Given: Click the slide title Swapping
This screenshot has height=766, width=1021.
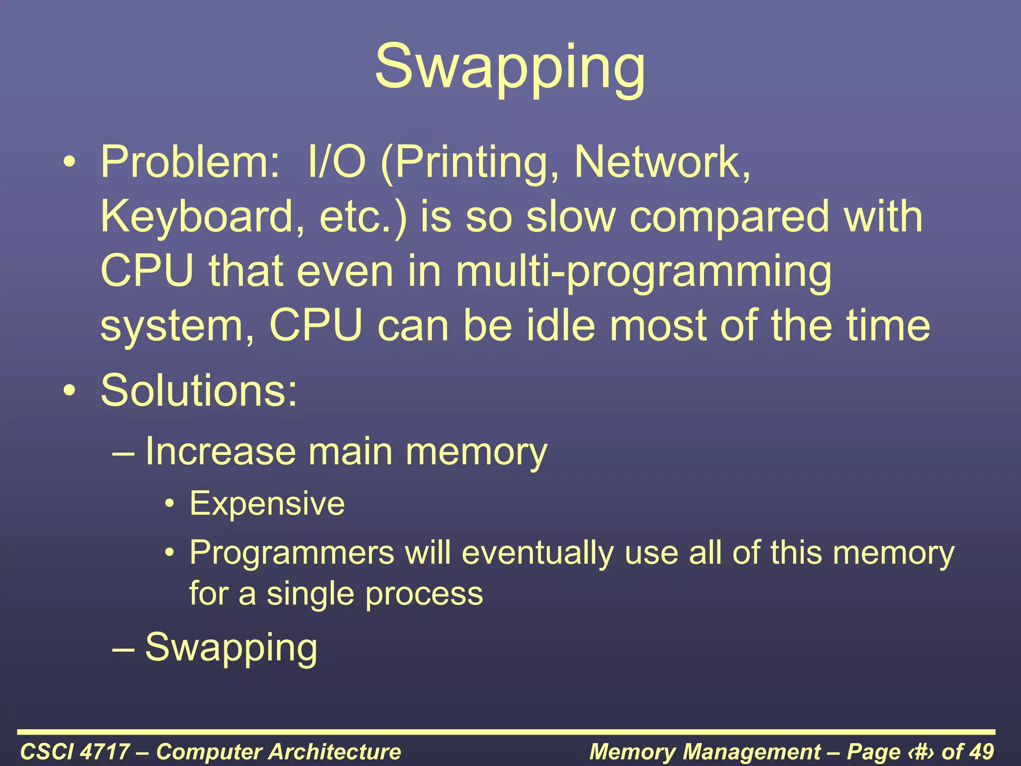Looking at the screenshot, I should click(510, 67).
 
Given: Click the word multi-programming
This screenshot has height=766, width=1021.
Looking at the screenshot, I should click(644, 272).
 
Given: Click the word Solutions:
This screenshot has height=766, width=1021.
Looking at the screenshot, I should click(199, 390).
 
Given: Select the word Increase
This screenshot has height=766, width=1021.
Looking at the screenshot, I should click(220, 451).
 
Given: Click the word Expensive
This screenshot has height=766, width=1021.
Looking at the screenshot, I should click(267, 503).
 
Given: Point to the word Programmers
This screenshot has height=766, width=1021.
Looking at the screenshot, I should click(292, 553).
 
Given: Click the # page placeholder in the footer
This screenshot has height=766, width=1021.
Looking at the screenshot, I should click(921, 751).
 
